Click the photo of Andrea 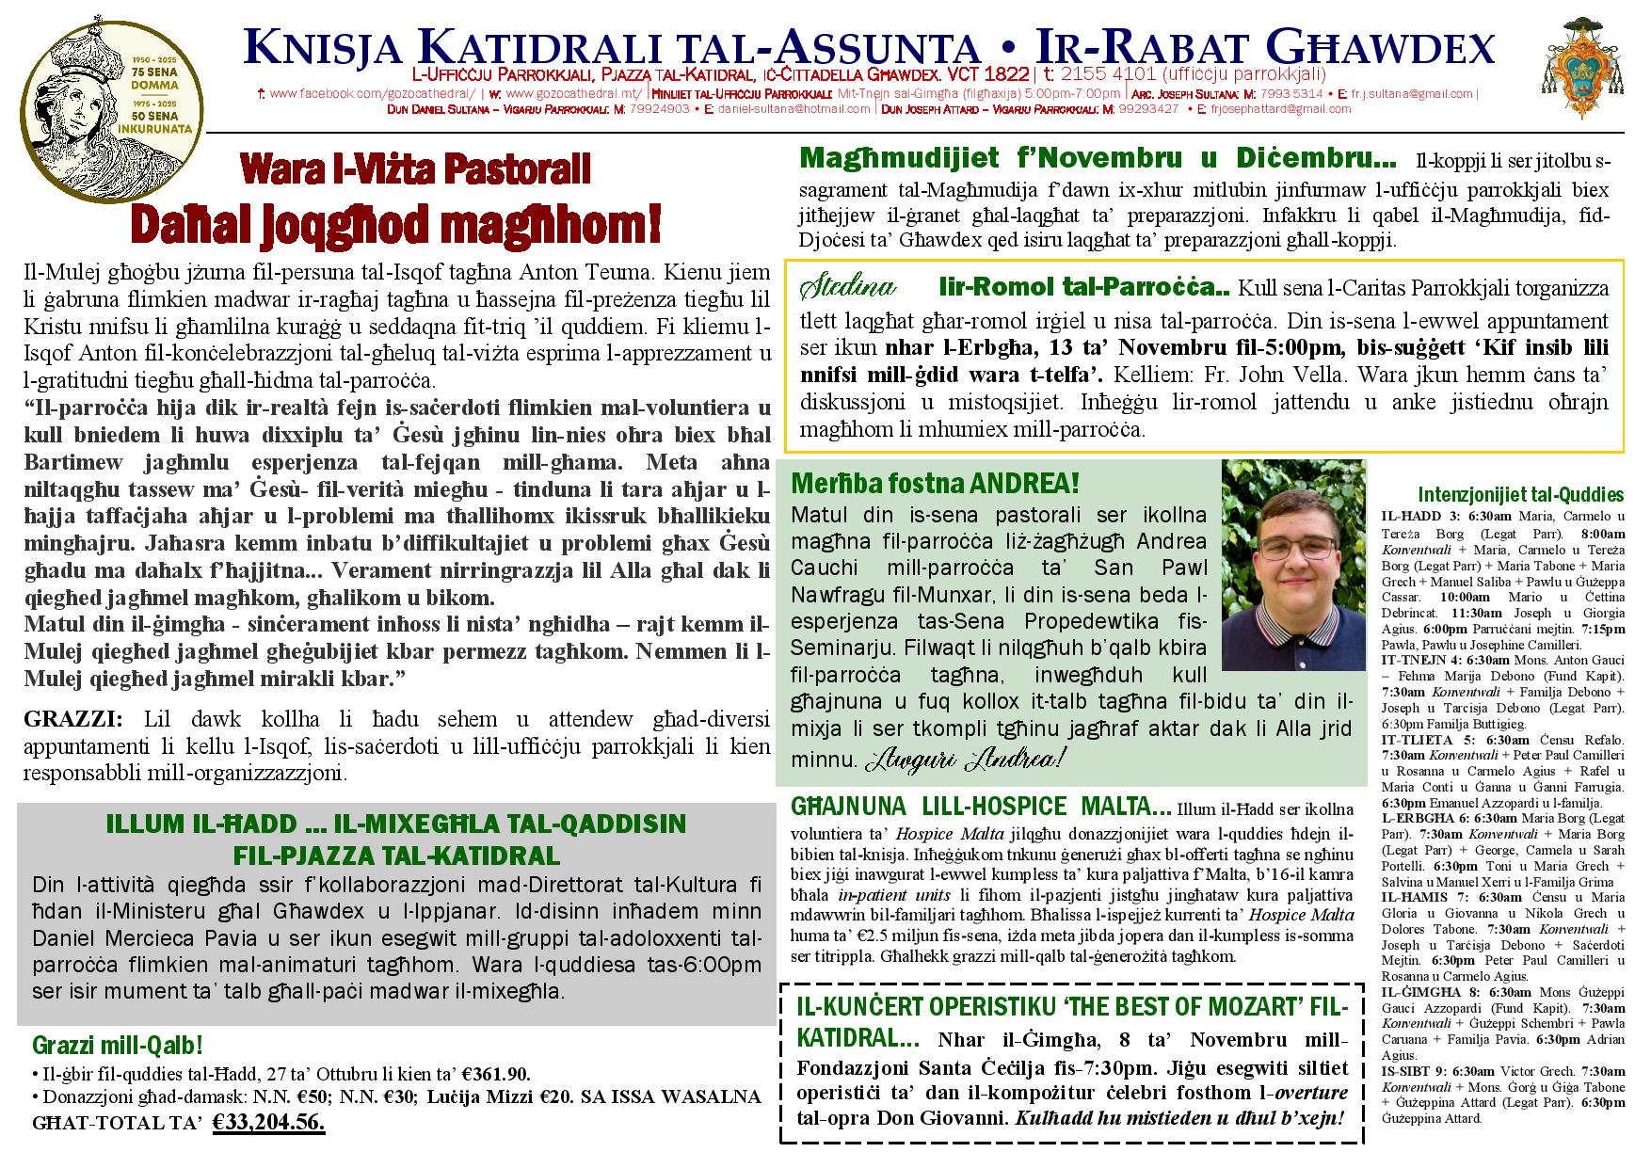[1292, 565]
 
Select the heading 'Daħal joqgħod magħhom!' [395, 224]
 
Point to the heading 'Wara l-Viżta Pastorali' [415, 168]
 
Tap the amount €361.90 [497, 1075]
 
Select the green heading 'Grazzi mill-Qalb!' [118, 1045]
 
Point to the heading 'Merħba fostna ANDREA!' [935, 485]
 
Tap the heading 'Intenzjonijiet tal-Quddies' [1520, 495]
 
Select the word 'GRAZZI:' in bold [73, 720]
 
